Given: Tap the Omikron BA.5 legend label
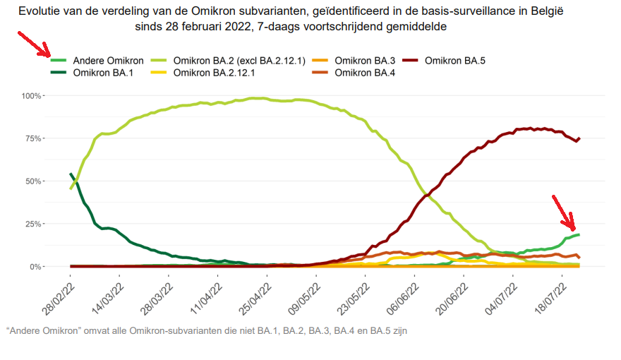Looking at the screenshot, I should (x=454, y=61).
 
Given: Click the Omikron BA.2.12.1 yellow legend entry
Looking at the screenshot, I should (x=214, y=72).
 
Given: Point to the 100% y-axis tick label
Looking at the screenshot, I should (x=32, y=95).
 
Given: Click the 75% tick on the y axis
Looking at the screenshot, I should (x=35, y=138).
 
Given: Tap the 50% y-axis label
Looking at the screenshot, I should (x=35, y=181).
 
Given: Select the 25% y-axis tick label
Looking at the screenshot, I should (x=35, y=224).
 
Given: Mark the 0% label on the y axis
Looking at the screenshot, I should (x=37, y=267).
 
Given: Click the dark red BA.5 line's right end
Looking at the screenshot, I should (x=579, y=138).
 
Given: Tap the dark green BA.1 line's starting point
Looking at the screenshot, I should (x=71, y=174).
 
